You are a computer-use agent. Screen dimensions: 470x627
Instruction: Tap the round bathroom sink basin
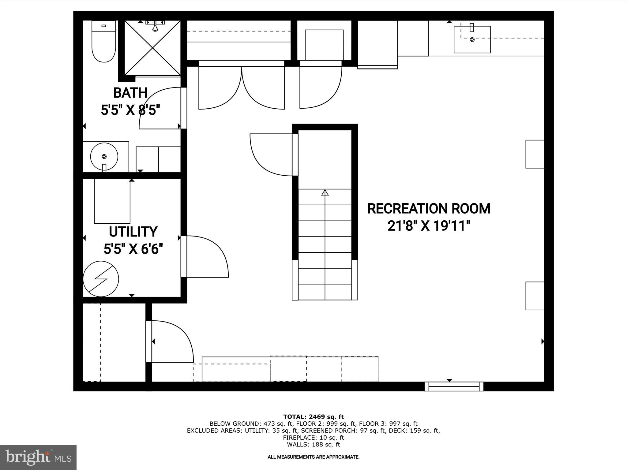pos(104,156)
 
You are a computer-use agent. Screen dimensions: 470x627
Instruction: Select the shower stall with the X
pos(152,48)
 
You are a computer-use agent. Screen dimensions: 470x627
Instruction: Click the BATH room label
pos(130,93)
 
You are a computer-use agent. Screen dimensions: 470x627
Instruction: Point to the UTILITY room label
pos(133,232)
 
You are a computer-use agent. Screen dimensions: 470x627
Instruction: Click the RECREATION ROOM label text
pos(429,209)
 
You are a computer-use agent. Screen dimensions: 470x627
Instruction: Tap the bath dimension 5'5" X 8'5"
pos(131,110)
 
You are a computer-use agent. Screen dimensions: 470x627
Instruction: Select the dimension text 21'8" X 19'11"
pos(429,226)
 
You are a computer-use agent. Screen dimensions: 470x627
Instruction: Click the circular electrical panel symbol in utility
pos(101,279)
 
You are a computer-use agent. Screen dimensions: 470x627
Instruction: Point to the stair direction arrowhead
pos(325,192)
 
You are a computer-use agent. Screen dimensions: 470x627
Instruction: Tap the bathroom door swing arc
pos(159,109)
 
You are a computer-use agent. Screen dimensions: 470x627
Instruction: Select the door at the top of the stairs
pos(271,155)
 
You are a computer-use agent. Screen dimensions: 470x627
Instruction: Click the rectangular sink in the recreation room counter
pos(472,39)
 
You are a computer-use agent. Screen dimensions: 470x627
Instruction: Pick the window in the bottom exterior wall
pos(454,386)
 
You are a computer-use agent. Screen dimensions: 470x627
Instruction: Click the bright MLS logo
pos(38,457)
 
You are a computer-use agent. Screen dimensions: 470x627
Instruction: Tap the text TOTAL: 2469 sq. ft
pos(313,417)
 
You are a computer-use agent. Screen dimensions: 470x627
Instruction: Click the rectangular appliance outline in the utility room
pos(112,201)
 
